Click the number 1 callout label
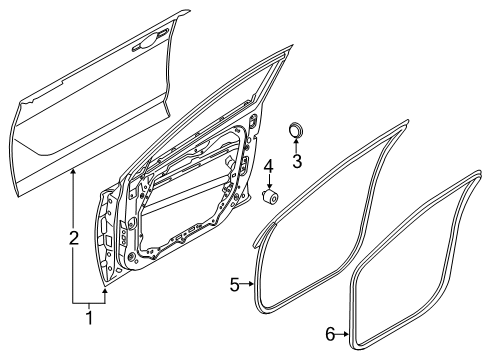tap(88, 319)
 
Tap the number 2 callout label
tap(72, 237)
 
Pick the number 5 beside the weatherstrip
tap(234, 285)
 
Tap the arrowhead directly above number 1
tap(103, 293)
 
